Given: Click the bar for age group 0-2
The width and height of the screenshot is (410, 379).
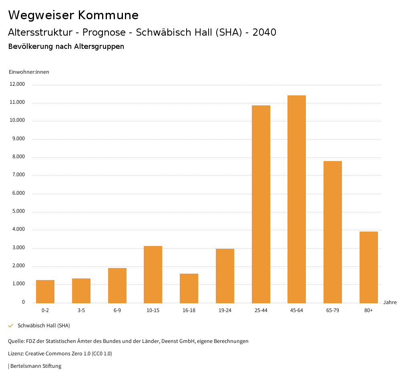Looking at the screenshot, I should point(45,291).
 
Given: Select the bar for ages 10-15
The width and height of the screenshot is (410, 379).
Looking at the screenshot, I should point(153,274).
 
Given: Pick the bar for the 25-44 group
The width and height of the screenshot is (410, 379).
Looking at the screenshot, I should point(261,204).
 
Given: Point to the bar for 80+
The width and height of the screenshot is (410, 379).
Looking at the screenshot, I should point(369,267).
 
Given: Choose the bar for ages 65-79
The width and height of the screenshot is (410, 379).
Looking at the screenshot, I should point(333,232).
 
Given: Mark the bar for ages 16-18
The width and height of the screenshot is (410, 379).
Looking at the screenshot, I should point(189,288).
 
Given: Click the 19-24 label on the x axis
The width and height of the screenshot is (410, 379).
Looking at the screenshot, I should point(225,310).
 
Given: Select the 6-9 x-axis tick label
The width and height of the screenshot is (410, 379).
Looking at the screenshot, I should point(117,310).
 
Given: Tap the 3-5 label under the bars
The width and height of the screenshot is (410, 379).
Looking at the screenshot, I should point(81,310).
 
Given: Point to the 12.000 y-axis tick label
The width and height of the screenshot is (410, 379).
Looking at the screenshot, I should point(18,85).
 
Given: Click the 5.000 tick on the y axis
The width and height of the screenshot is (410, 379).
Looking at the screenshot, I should point(18,211).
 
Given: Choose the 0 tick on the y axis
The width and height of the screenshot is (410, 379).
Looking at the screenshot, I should point(23,302).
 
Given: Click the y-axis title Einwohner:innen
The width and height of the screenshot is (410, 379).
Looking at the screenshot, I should point(29,72).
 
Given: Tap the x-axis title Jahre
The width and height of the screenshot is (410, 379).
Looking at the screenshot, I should point(390,302).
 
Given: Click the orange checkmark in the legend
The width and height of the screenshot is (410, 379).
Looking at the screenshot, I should point(11,325).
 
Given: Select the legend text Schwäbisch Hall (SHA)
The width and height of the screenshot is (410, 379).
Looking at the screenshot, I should point(44,325).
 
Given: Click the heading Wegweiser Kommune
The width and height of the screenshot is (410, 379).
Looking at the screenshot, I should point(73,15).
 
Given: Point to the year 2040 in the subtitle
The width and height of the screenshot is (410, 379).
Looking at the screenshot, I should point(264,32).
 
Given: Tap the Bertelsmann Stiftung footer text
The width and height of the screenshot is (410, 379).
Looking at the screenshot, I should point(35,366).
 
